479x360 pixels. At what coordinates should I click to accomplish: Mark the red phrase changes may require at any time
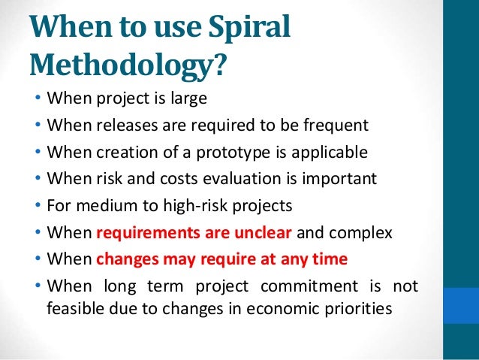point(222,260)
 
